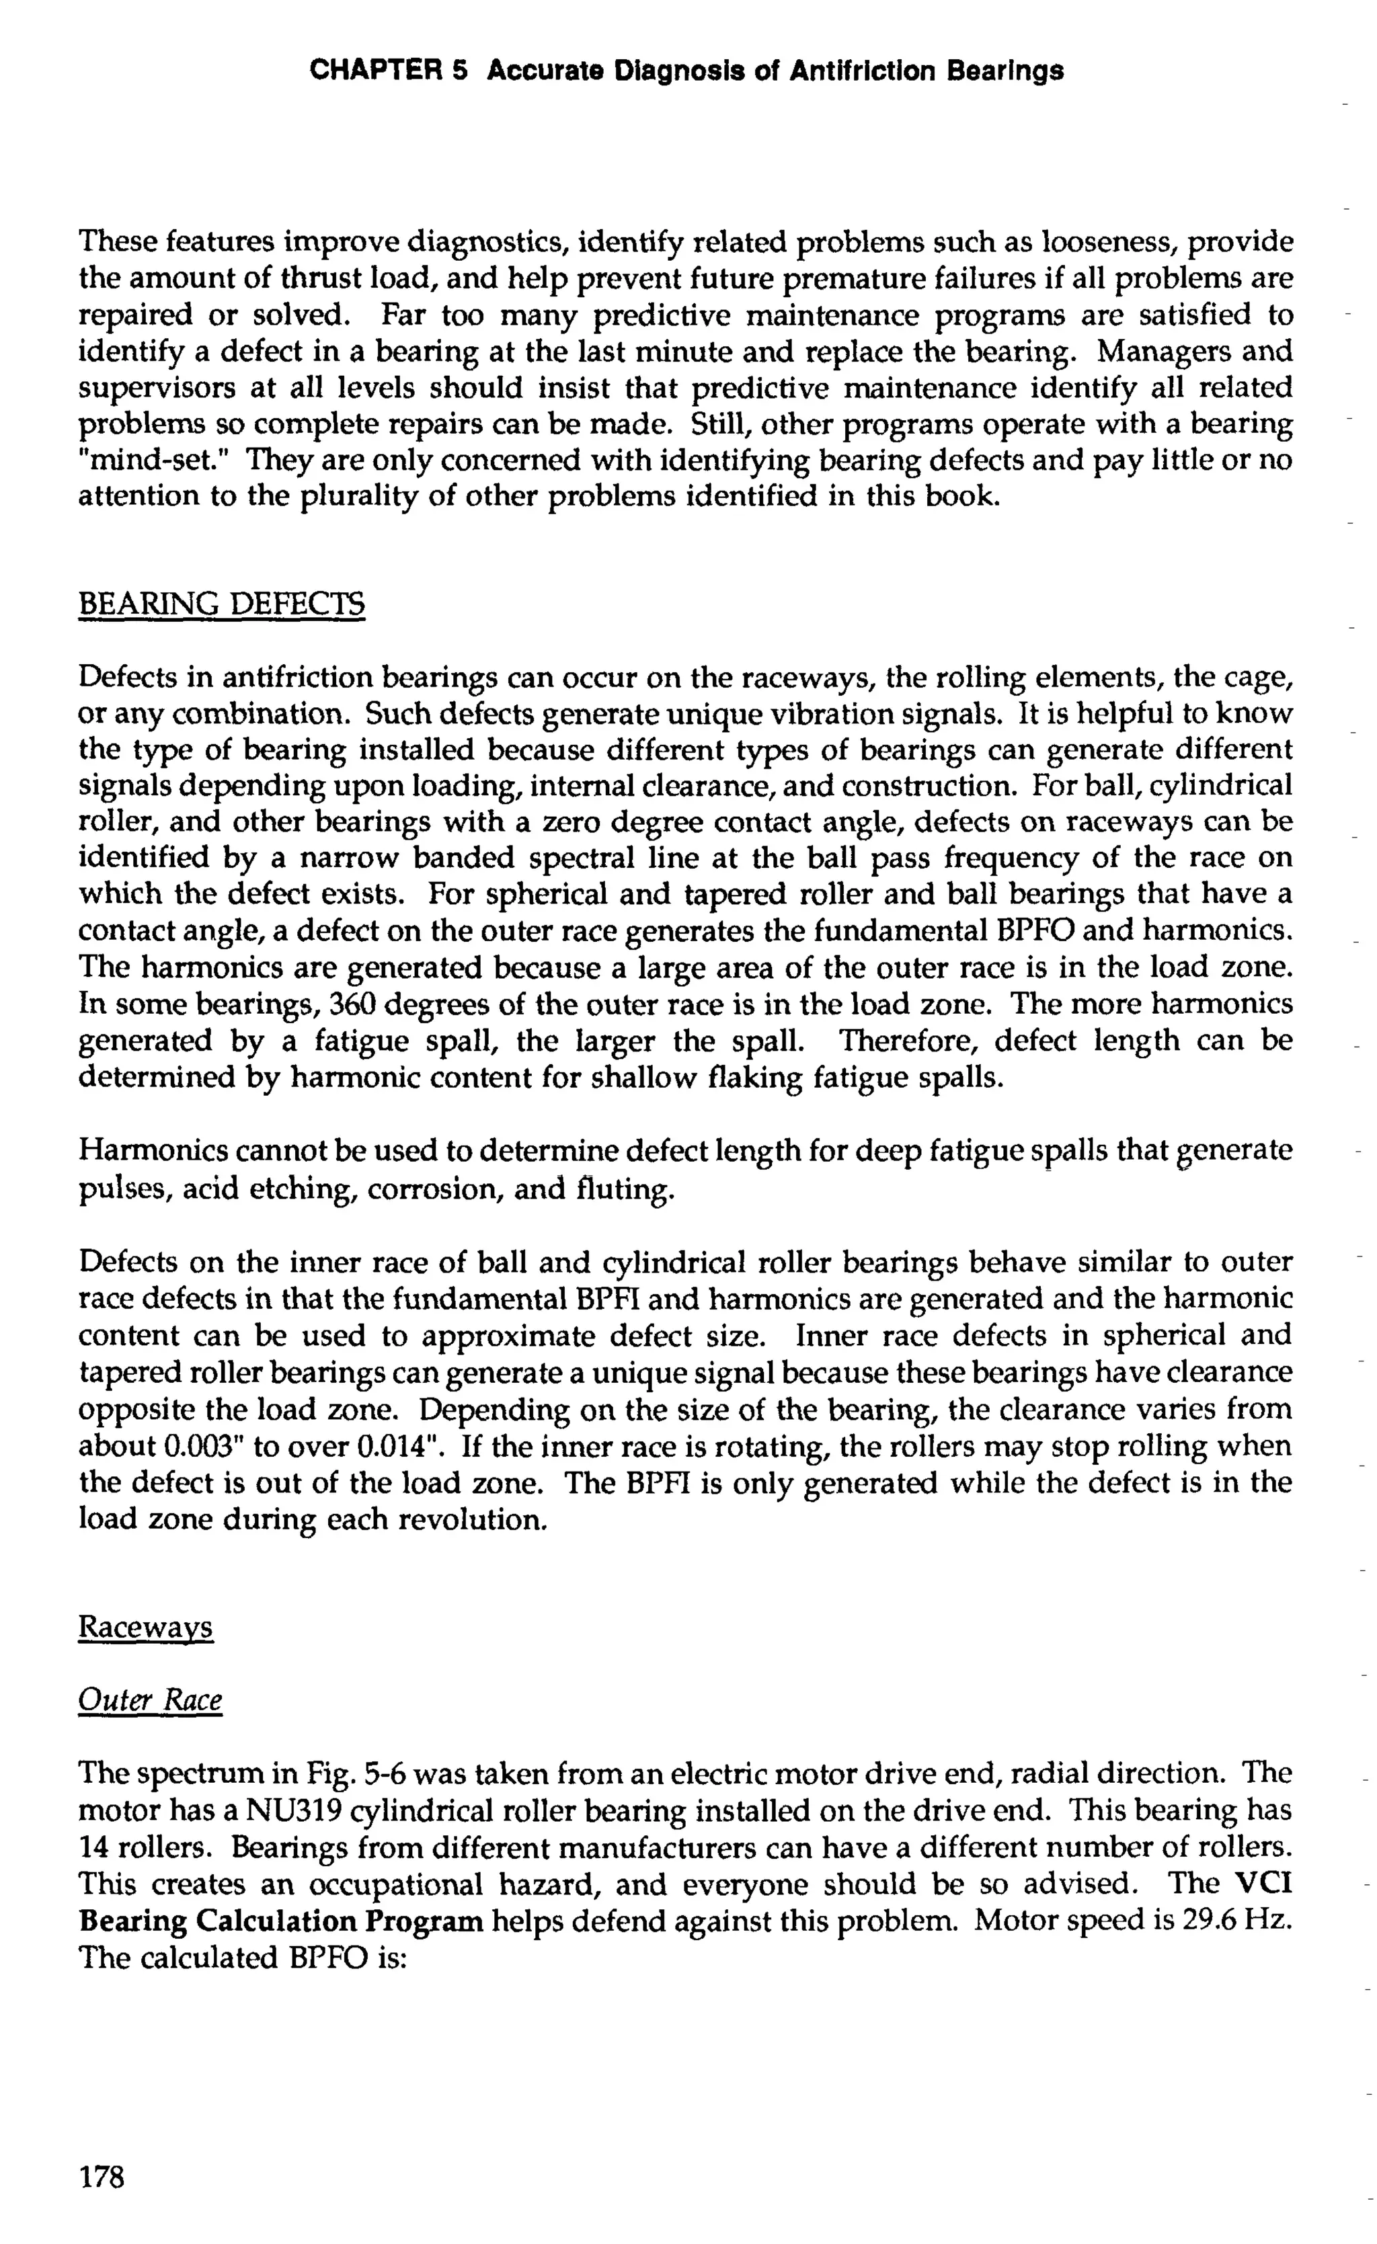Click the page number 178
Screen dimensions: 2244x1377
click(x=101, y=2177)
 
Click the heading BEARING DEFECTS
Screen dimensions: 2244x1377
click(x=221, y=604)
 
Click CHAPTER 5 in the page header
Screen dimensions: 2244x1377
click(x=388, y=71)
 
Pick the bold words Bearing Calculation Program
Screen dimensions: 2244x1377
click(x=282, y=1921)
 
